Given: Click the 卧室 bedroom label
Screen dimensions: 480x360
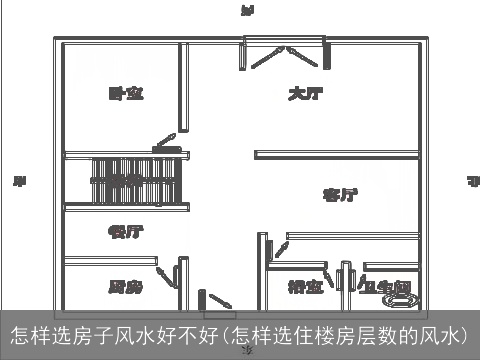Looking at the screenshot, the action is pos(126,94).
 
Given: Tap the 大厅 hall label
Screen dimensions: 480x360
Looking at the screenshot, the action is pos(304,94).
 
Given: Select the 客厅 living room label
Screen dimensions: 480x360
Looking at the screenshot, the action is pos(340,194).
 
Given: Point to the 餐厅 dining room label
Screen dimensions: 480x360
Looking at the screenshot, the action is pos(125,231).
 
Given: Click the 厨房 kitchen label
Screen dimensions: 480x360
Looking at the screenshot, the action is pos(125,287).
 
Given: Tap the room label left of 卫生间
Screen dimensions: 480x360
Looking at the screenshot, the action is pos(305,287).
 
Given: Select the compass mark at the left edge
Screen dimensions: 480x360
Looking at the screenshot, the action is pos(18,182).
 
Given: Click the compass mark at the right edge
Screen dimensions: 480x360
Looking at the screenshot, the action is pos(472,182).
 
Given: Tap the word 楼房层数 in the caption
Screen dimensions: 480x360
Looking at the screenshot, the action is pos(346,333).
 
